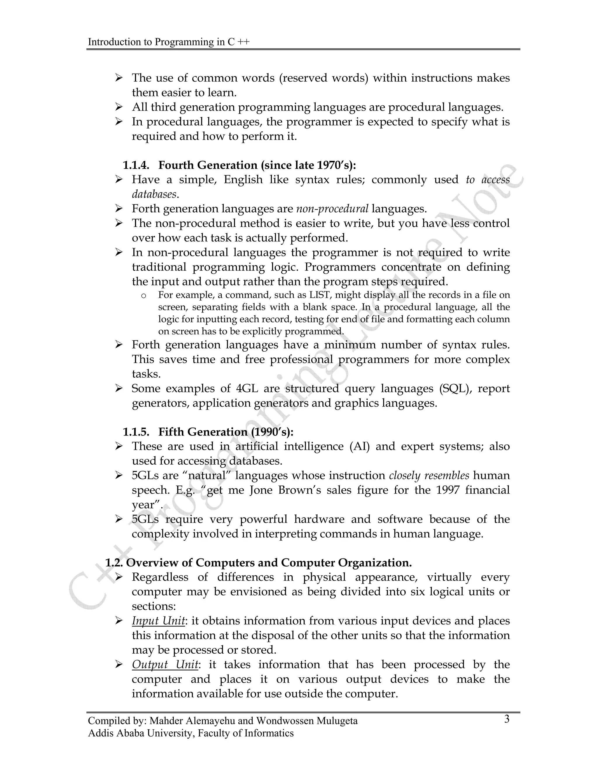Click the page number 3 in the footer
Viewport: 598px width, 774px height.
[507, 719]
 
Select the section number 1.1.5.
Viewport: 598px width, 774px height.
[136, 432]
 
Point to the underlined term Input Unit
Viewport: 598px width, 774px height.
[158, 621]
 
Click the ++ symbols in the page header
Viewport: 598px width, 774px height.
[244, 42]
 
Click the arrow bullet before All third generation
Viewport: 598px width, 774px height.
[119, 107]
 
